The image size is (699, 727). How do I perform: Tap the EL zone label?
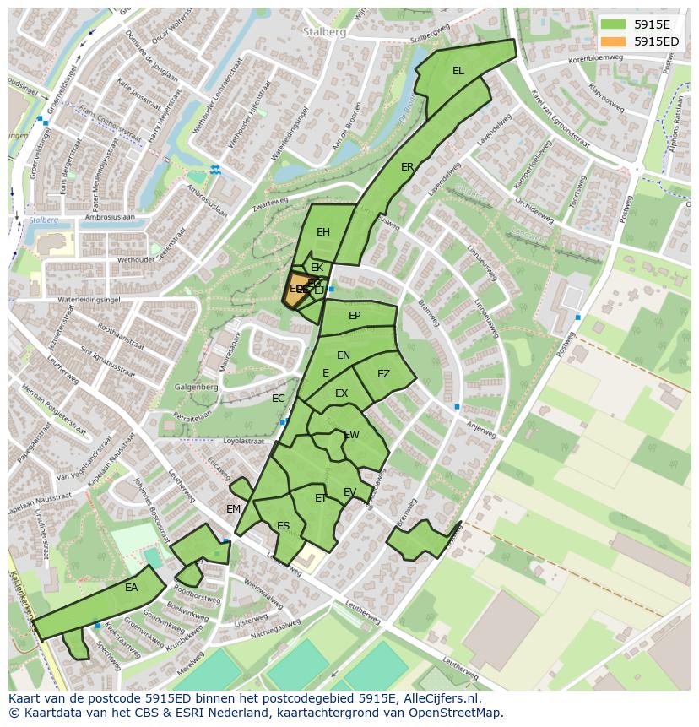tap(458, 71)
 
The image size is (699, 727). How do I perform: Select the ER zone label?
tap(408, 167)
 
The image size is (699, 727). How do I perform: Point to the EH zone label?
tap(323, 232)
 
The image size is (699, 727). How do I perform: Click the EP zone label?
tap(355, 316)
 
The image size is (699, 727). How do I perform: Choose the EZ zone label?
tap(384, 374)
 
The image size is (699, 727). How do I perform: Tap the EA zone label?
tap(132, 587)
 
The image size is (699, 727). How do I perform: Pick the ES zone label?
tap(284, 526)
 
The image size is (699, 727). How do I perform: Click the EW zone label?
tap(352, 435)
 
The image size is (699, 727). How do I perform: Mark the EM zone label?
tap(234, 508)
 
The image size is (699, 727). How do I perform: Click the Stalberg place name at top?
tap(323, 31)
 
